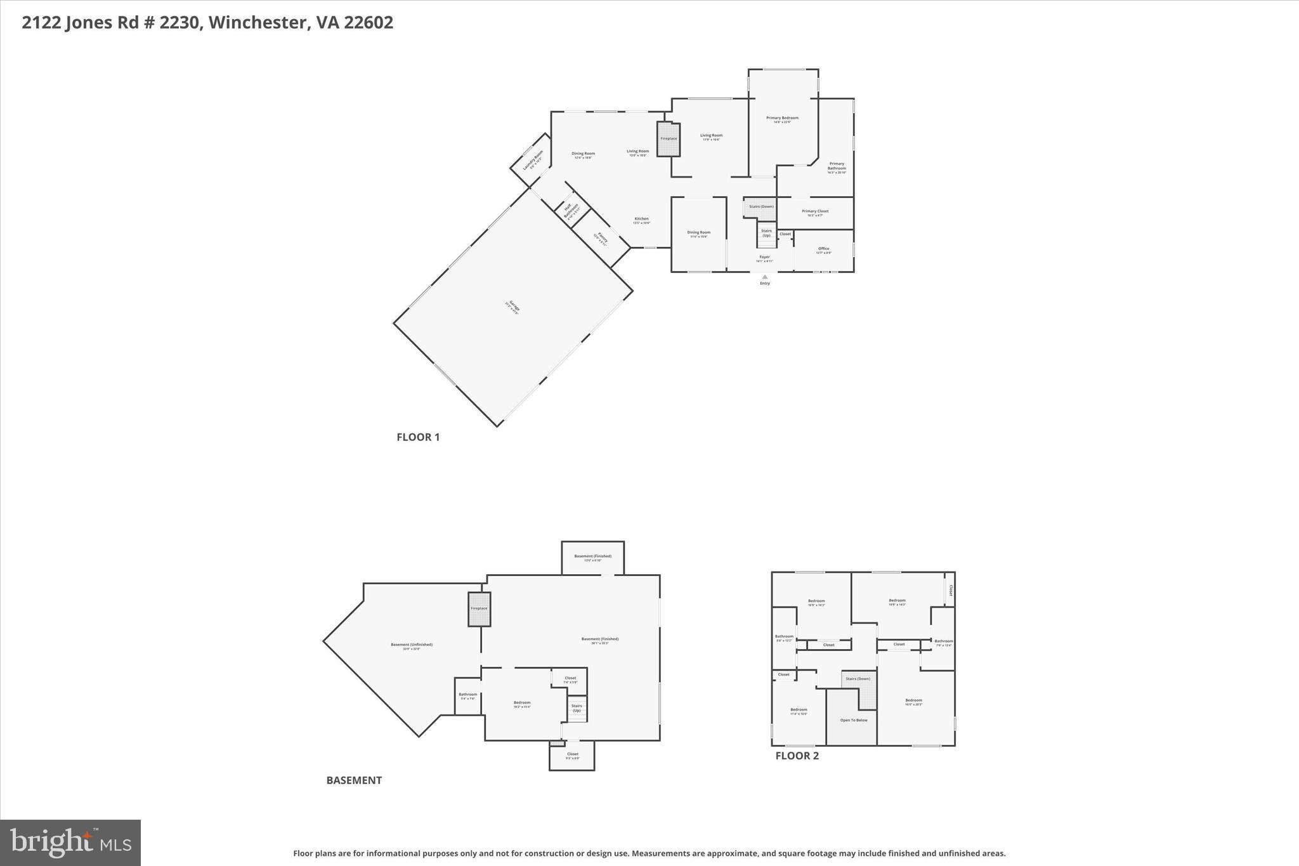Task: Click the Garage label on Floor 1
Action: tap(512, 308)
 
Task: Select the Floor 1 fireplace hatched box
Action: tap(669, 139)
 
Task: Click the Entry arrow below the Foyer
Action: tap(765, 277)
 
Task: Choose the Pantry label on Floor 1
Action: tap(601, 239)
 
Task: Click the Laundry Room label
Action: tap(533, 161)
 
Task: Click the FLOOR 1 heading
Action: tap(418, 436)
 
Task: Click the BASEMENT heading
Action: tap(354, 780)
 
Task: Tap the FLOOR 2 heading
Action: tap(797, 756)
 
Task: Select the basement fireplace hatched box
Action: tap(479, 609)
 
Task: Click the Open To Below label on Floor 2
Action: tap(853, 720)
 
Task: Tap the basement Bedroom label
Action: tap(521, 704)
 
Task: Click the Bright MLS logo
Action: tap(70, 843)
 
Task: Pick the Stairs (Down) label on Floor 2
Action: tap(858, 679)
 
